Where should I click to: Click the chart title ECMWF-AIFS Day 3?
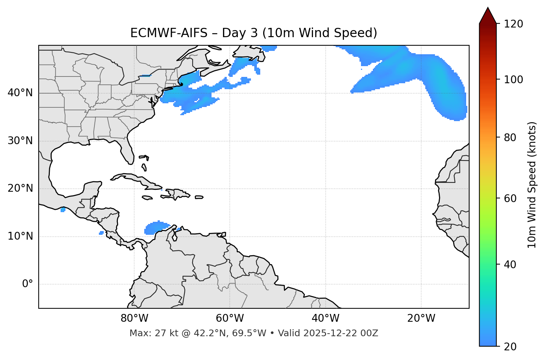tap(254, 33)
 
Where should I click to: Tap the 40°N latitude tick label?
tap(20, 93)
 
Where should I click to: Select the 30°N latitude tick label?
tap(20, 141)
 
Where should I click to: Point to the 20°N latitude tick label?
tap(20, 188)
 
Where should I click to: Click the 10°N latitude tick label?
tap(20, 236)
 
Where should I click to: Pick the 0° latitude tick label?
tap(28, 284)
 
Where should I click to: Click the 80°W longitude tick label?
tap(134, 318)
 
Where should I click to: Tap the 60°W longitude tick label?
tap(230, 318)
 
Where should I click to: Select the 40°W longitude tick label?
tap(325, 318)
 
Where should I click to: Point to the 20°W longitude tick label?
tap(421, 318)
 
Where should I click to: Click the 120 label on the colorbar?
tap(514, 24)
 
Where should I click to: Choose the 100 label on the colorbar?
tap(514, 80)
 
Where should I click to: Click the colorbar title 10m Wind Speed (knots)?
tap(532, 185)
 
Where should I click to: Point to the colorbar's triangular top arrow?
tap(488, 16)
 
